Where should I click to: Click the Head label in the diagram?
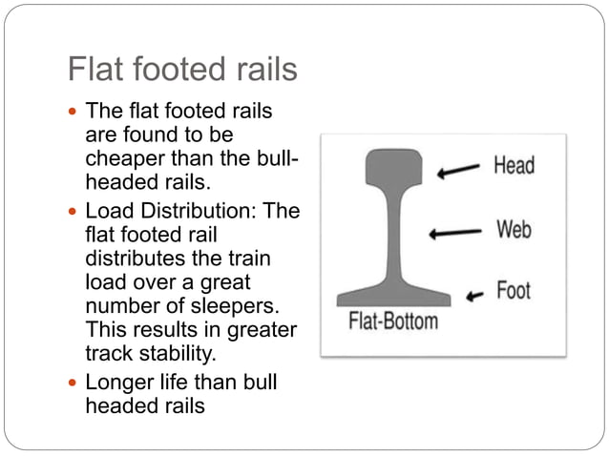(x=514, y=165)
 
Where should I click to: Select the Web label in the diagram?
(x=513, y=230)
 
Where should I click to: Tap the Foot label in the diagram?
(x=513, y=290)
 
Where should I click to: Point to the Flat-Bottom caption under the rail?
(x=392, y=320)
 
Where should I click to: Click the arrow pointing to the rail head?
(x=459, y=171)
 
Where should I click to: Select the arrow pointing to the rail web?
(x=455, y=233)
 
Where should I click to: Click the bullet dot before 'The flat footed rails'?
(x=73, y=112)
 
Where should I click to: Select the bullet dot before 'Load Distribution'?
(x=73, y=211)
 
